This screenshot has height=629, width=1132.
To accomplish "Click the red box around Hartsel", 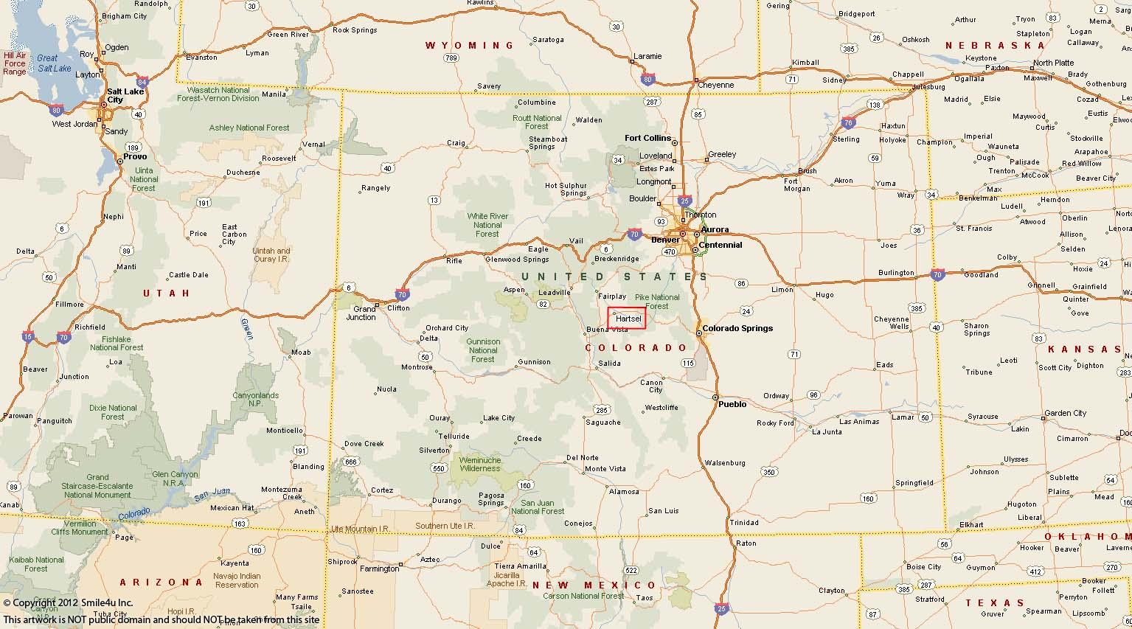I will [626, 318].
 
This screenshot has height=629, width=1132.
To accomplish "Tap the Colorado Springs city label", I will [737, 328].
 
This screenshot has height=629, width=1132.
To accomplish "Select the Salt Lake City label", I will [124, 95].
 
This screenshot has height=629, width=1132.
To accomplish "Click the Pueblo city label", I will [732, 404].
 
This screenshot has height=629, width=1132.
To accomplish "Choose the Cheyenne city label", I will [715, 85].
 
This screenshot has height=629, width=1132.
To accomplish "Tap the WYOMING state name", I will [470, 46].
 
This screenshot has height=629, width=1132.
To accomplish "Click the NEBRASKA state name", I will [990, 46].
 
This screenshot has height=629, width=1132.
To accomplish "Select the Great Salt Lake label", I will [52, 63].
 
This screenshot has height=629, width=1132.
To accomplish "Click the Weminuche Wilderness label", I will [480, 464].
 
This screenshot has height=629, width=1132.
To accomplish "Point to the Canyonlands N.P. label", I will [256, 400].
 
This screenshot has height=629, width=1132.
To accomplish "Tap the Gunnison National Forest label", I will [483, 350].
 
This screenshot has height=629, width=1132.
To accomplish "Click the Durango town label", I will [446, 501].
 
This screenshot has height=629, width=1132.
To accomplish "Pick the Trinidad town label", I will [743, 522].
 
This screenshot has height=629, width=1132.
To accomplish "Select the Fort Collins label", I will [647, 138].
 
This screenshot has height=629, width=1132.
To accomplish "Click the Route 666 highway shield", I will [350, 462].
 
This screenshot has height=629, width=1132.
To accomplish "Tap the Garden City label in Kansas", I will [1065, 413].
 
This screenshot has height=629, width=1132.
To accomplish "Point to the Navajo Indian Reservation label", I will [237, 580].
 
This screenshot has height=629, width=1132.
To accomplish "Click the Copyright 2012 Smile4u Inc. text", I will [68, 602].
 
